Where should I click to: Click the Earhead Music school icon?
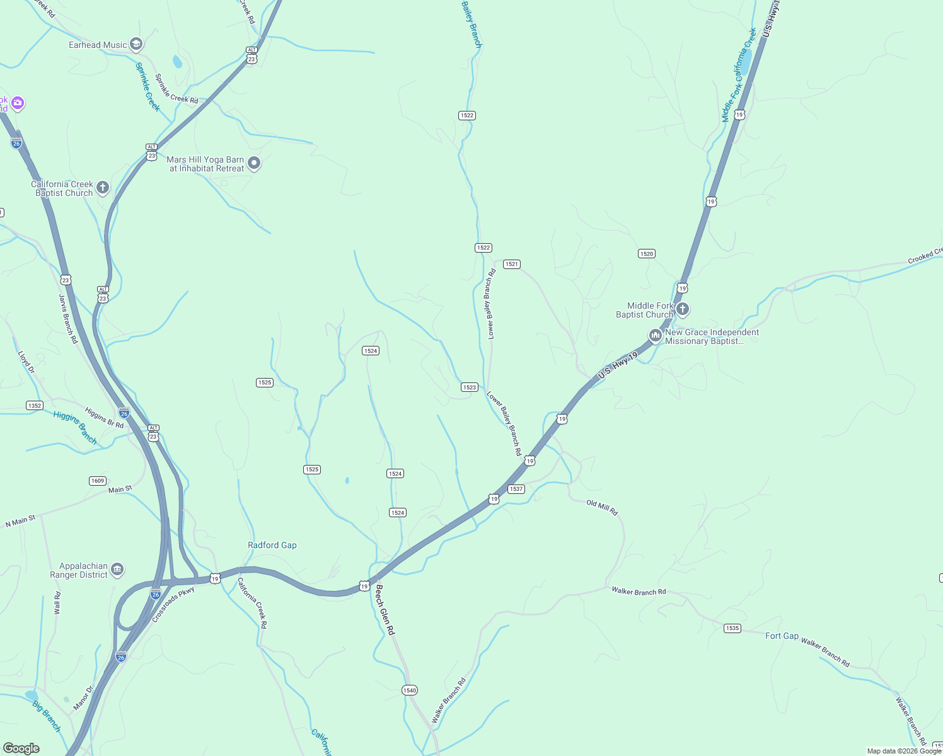pos(136,44)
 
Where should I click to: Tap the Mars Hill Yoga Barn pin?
pos(253,163)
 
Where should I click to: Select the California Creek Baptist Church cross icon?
pos(103,188)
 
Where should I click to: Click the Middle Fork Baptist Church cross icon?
pos(683,309)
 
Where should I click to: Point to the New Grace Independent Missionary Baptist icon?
pos(656,336)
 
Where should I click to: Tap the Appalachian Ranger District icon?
pos(117,570)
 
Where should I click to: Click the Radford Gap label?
pos(272,545)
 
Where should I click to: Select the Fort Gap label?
pos(782,636)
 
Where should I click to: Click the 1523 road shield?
pos(469,387)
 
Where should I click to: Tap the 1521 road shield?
pos(511,264)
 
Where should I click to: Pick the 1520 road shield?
pos(646,254)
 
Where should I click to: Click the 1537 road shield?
pos(516,489)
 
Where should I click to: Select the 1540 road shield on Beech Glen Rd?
pos(409,690)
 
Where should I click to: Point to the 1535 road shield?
pos(732,628)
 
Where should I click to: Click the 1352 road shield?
pos(35,406)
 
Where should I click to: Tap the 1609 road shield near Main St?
pos(97,481)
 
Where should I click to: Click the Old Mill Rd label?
pos(602,507)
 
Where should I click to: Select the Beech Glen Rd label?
pos(385,609)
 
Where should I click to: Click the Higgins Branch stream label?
pos(75,427)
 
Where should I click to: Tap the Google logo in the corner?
pos(21,748)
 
